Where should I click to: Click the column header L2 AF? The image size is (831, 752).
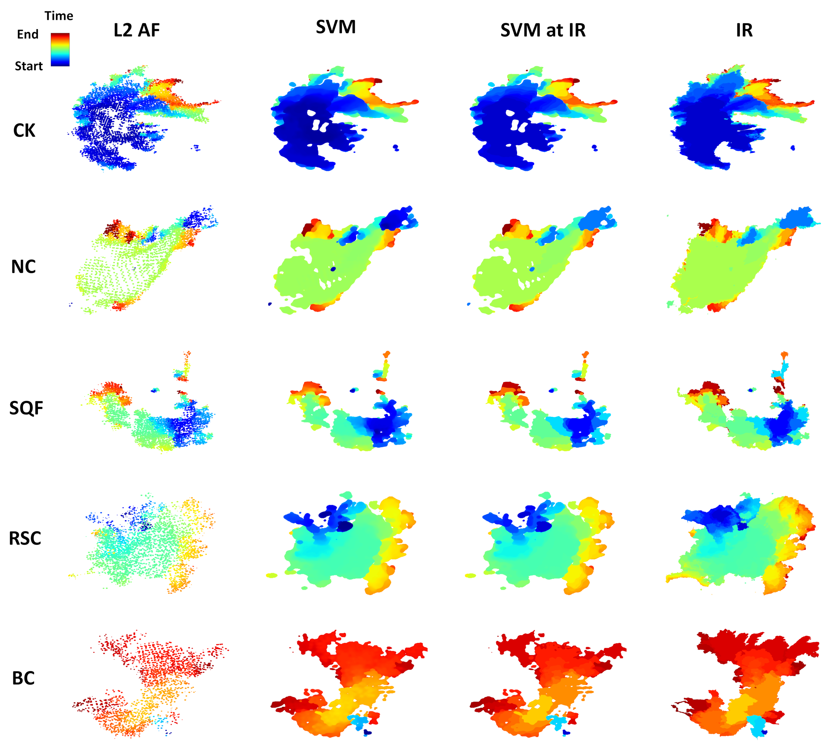(x=137, y=30)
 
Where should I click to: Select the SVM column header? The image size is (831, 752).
(x=336, y=27)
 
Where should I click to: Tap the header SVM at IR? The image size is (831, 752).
(x=543, y=30)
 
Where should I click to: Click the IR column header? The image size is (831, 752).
(x=744, y=30)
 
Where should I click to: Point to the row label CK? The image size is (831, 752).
(x=24, y=131)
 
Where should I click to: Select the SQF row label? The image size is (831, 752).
(x=26, y=408)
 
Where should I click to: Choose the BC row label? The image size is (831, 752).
(x=23, y=678)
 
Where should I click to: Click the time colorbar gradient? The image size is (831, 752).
(x=60, y=50)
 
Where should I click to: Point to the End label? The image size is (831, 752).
(x=28, y=34)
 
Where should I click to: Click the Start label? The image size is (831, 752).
(x=28, y=66)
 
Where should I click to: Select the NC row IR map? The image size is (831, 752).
(x=725, y=268)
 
